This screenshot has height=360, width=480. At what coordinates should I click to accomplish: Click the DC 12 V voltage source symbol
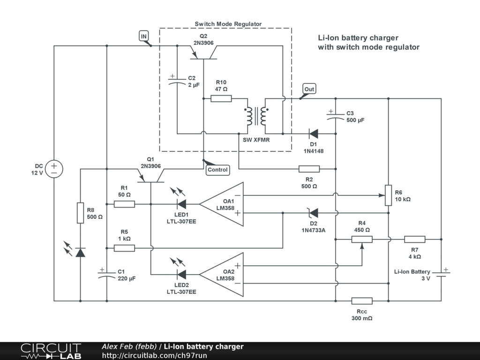coord(54,169)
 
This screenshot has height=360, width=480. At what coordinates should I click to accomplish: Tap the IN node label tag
coord(144,36)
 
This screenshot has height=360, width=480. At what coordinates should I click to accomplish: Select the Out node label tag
coord(309,89)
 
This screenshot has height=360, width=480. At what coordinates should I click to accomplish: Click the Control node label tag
coord(217,170)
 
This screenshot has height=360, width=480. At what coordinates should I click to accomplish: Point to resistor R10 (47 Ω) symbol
coord(221,98)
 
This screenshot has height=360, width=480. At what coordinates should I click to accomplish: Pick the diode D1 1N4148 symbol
coord(314,134)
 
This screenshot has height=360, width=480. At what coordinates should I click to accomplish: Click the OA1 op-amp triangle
coord(222,204)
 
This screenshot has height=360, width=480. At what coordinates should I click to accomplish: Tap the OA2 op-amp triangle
coord(222,275)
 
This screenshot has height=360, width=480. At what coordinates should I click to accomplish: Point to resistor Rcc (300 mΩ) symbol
coord(362,301)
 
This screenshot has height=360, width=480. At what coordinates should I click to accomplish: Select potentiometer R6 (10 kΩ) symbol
coord(389,195)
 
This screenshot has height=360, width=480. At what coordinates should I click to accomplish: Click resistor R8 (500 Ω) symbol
coord(80,213)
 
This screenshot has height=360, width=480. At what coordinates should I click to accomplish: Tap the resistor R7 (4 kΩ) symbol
coord(415,239)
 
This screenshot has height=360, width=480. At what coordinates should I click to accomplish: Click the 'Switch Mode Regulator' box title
coord(228,24)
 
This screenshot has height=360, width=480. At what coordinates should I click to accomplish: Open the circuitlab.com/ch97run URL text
coord(154,355)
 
